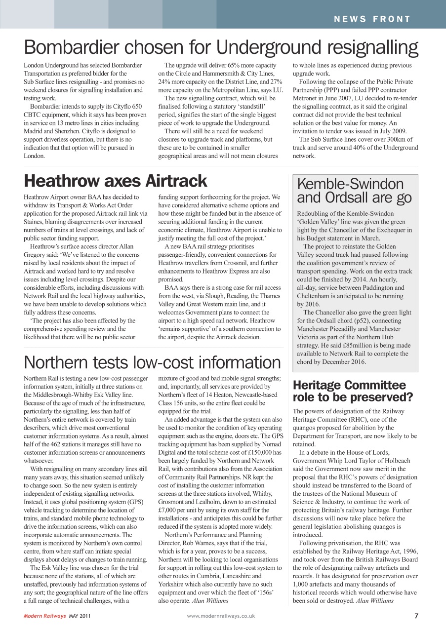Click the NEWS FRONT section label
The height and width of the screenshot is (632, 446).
[x=372, y=19]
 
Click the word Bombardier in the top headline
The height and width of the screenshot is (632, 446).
[x=74, y=47]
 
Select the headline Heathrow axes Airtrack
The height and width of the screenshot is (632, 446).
[x=116, y=181]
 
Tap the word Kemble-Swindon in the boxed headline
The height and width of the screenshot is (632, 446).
[x=350, y=185]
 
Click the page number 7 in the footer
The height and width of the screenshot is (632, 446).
[x=416, y=616]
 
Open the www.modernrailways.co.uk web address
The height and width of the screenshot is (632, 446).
[x=221, y=616]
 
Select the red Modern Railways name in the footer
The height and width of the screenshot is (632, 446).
[x=44, y=616]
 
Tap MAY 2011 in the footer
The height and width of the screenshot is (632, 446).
[x=80, y=616]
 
